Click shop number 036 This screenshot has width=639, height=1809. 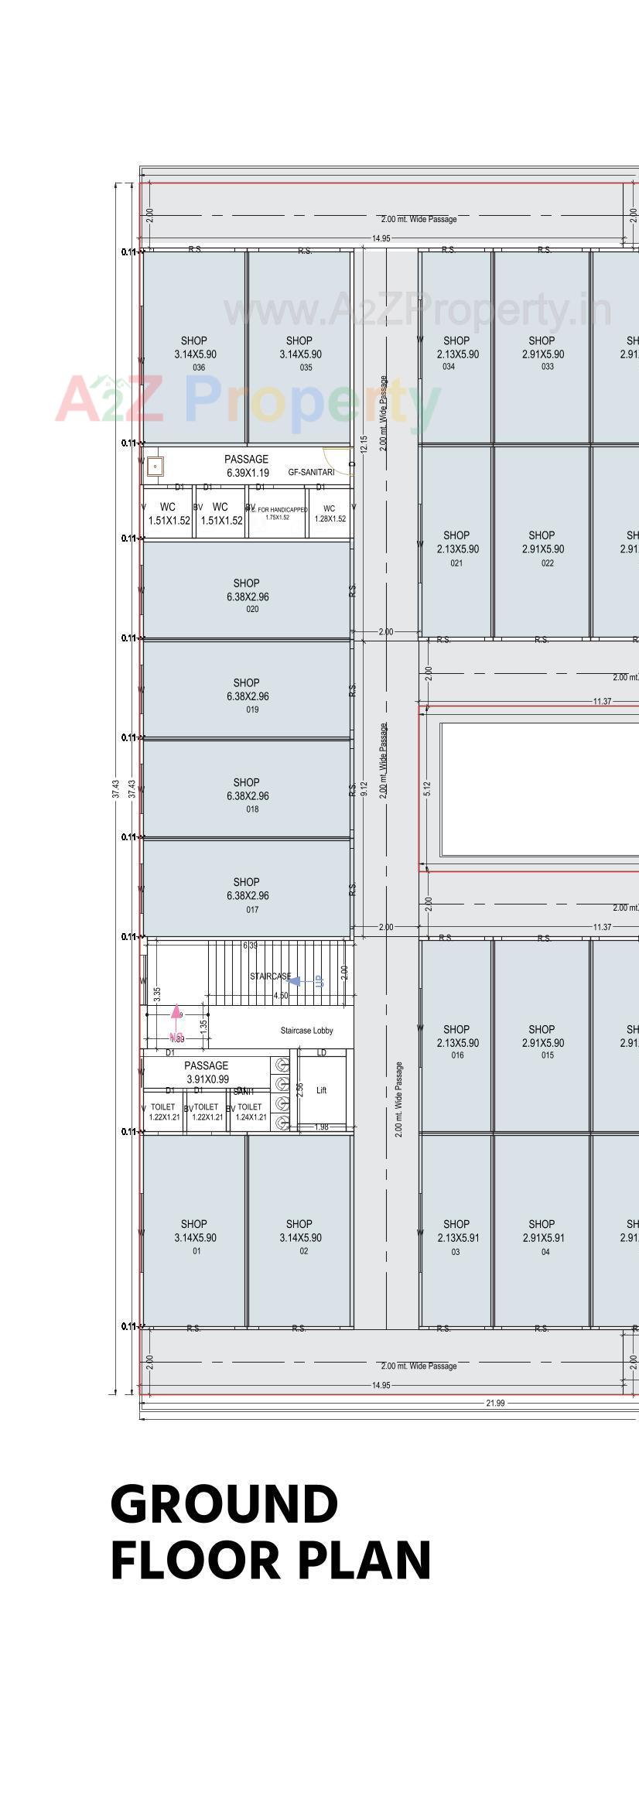pos(194,354)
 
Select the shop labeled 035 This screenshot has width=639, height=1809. pos(299,354)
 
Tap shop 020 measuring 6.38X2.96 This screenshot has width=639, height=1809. pos(247,596)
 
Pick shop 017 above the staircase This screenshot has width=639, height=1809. pos(247,894)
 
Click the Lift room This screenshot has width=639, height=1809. pos(322,1090)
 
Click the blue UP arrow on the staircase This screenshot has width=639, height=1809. pos(296,981)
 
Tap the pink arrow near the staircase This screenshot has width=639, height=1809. pos(176,1012)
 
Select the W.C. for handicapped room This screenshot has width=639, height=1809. pos(277,514)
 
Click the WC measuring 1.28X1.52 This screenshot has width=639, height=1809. pos(330,514)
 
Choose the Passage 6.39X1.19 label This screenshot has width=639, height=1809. pos(247,466)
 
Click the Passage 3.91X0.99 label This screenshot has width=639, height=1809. pos(207,1072)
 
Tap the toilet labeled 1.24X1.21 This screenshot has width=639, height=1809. pos(250,1113)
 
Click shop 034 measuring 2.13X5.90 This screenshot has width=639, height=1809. pos(456,353)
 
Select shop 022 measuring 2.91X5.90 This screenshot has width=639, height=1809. pos(542,548)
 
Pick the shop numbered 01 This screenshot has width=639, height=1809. pos(194,1236)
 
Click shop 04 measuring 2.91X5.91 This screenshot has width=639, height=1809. pos(542,1236)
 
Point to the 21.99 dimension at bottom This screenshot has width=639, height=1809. pos(494,1403)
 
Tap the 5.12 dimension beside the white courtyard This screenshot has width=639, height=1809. pos(428,788)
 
